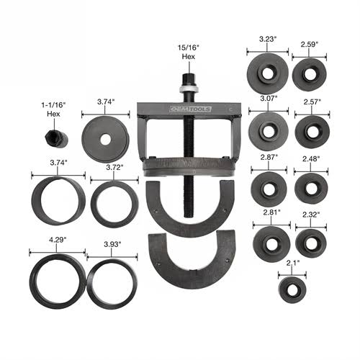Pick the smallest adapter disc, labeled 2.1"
point(292,291)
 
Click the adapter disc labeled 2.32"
point(311,242)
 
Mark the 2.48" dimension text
point(311,159)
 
